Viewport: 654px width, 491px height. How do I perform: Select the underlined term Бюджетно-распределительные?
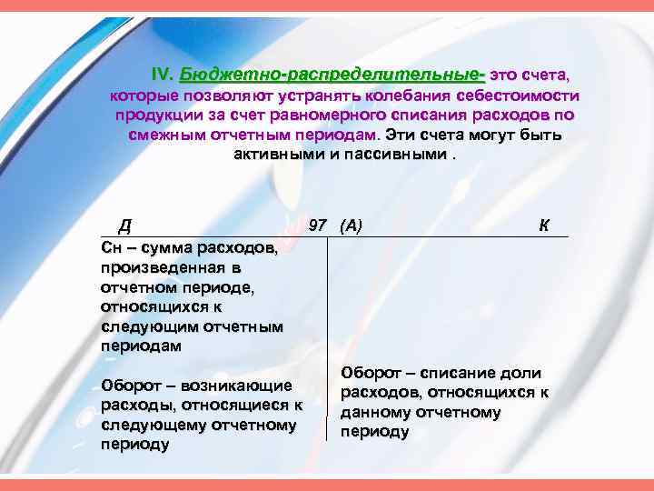point(332,74)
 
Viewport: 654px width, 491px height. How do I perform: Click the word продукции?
point(155,115)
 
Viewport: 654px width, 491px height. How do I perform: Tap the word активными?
point(273,155)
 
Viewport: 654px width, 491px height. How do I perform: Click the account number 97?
point(318,225)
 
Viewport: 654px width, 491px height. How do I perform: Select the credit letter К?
point(543,225)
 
